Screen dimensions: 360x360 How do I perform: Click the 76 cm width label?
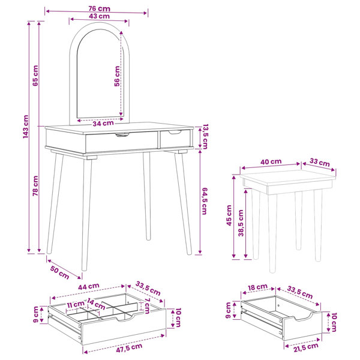point(99,9)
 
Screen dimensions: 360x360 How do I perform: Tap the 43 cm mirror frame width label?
point(99,16)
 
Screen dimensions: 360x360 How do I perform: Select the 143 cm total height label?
point(25,127)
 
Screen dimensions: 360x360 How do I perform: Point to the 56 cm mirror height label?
point(117,76)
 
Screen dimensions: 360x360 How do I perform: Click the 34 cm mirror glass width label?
point(103,124)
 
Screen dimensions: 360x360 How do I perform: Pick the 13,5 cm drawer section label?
point(205,137)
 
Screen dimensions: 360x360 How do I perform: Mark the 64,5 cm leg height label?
point(205,201)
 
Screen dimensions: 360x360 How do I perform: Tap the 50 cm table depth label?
point(59,272)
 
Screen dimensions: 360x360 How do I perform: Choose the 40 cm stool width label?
point(271,162)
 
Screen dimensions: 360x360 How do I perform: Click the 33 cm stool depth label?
point(319,163)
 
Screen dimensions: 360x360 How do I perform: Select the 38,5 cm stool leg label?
point(241,223)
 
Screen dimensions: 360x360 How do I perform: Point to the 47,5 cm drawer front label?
point(129,347)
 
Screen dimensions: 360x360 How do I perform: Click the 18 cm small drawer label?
point(257,287)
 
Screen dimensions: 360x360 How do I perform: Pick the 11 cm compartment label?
point(76,304)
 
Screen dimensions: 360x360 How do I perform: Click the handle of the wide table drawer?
point(122,135)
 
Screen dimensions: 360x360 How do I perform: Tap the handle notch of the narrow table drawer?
point(175,132)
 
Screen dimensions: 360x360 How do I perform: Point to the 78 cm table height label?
point(35,186)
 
